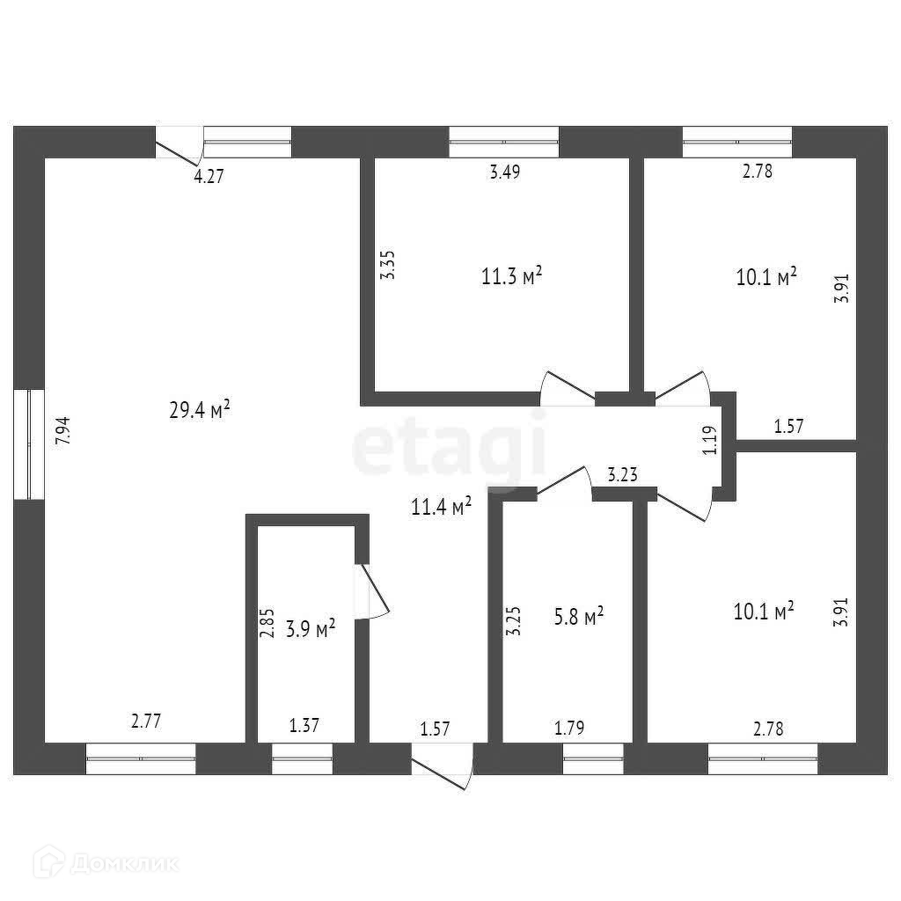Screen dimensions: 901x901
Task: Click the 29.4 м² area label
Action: [200, 409]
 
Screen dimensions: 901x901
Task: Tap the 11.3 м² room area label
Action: [511, 277]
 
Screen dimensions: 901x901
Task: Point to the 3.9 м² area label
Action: [311, 629]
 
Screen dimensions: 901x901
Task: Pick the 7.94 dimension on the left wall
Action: [62, 431]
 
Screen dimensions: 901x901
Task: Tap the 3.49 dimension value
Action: [505, 172]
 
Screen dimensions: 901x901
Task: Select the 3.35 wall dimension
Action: [388, 266]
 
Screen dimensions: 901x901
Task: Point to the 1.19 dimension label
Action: [711, 439]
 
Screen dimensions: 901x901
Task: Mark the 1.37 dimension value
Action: [304, 726]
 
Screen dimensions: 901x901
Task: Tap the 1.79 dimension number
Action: [569, 728]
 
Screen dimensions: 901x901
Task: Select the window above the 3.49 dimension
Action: [504, 142]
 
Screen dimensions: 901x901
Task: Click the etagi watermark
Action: [449, 449]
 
